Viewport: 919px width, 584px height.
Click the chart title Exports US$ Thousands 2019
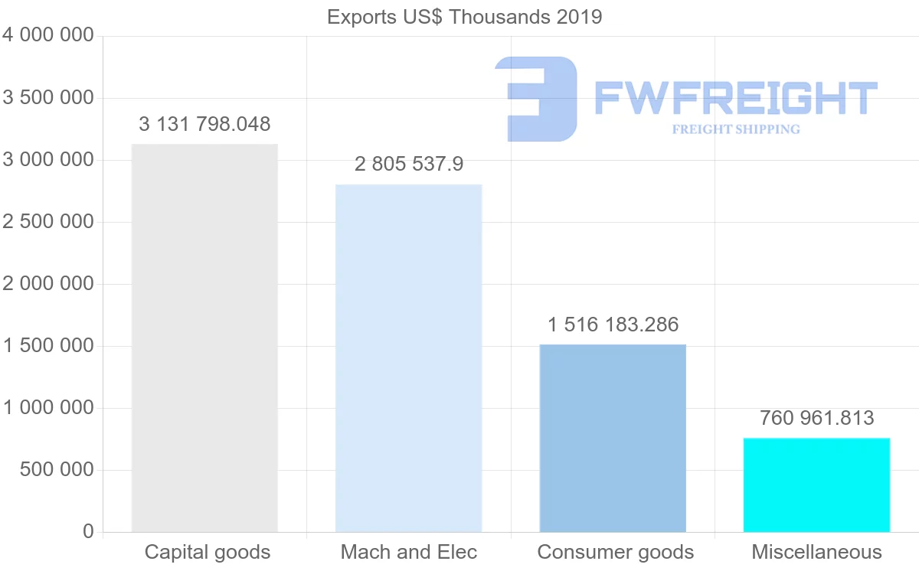click(464, 17)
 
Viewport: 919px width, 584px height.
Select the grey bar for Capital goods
click(204, 338)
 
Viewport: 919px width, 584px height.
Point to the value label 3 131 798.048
click(204, 124)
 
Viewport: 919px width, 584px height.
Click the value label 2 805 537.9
click(408, 165)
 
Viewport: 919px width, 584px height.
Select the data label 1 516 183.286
click(613, 325)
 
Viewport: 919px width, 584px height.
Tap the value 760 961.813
click(816, 419)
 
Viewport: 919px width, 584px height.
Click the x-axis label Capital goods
click(208, 552)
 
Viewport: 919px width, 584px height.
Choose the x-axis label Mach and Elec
click(409, 552)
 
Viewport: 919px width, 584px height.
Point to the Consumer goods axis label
click(616, 552)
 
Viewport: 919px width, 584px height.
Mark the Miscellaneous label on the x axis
click(816, 552)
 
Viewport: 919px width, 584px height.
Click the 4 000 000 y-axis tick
click(48, 36)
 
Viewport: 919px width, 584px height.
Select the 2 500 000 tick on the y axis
click(48, 222)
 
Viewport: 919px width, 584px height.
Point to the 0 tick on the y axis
click(88, 532)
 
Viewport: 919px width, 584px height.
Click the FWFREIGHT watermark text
click(735, 98)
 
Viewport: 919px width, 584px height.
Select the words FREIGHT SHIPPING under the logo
click(736, 129)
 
